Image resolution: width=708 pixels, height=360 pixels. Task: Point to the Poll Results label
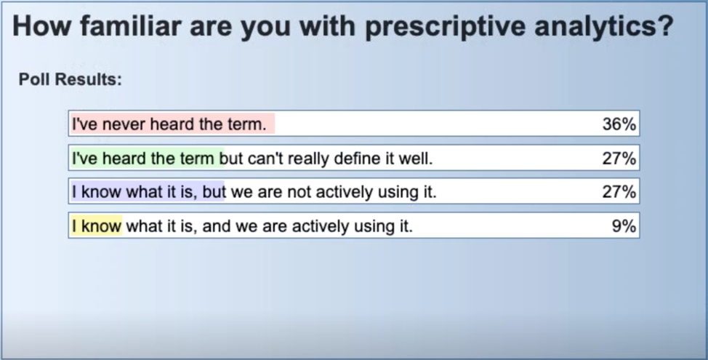pyautogui.click(x=70, y=79)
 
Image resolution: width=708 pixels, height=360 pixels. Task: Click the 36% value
pyautogui.click(x=619, y=124)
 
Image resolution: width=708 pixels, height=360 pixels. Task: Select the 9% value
pyautogui.click(x=624, y=226)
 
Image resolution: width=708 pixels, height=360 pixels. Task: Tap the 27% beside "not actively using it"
pyautogui.click(x=619, y=193)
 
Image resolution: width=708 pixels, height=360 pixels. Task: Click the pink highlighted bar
pyautogui.click(x=172, y=124)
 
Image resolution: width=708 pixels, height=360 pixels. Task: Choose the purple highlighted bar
pyautogui.click(x=147, y=193)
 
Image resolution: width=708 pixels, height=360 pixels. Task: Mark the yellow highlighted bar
pyautogui.click(x=96, y=226)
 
